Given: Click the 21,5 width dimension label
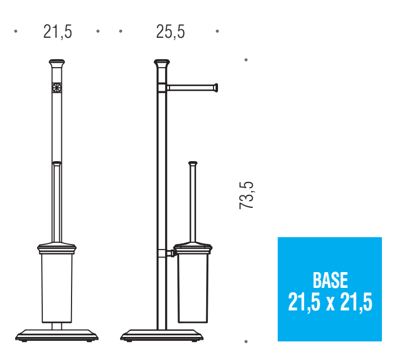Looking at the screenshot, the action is point(57,32).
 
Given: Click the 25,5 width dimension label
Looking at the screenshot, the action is point(171,32).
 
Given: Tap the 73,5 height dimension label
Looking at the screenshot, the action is point(246,195).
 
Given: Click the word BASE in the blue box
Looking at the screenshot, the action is point(330,280).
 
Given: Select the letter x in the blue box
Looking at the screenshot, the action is point(330,304).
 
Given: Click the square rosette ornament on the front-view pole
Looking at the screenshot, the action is point(56,88).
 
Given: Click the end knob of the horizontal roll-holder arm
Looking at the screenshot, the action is point(216,88).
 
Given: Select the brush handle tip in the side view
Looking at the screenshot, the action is point(193,163).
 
